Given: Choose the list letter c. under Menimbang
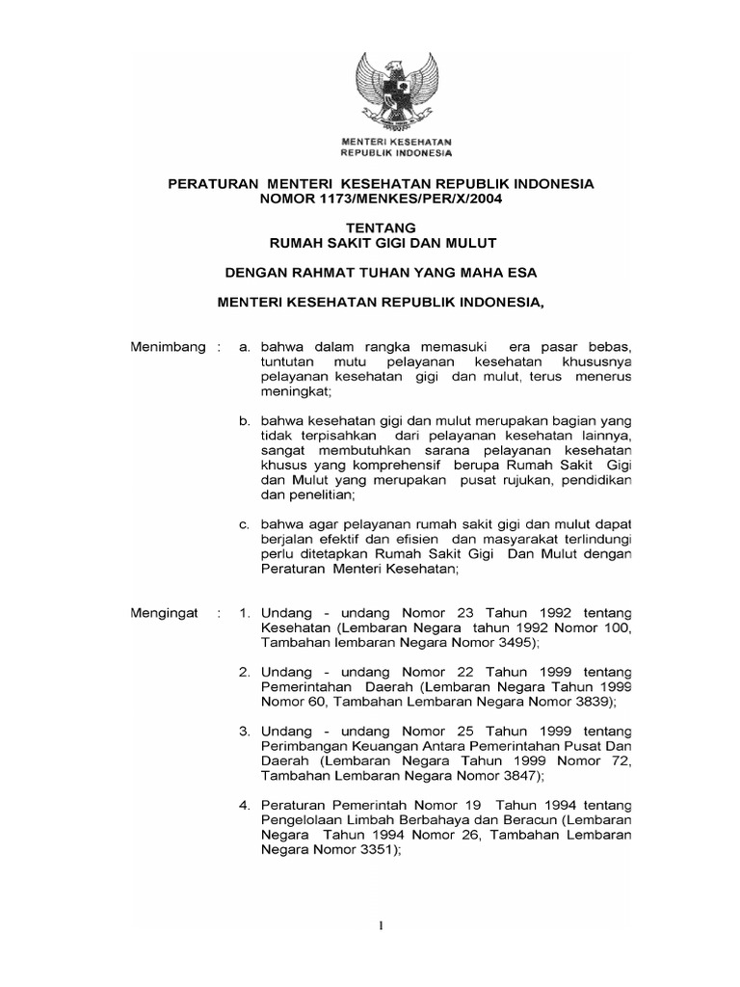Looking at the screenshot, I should [245, 523].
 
